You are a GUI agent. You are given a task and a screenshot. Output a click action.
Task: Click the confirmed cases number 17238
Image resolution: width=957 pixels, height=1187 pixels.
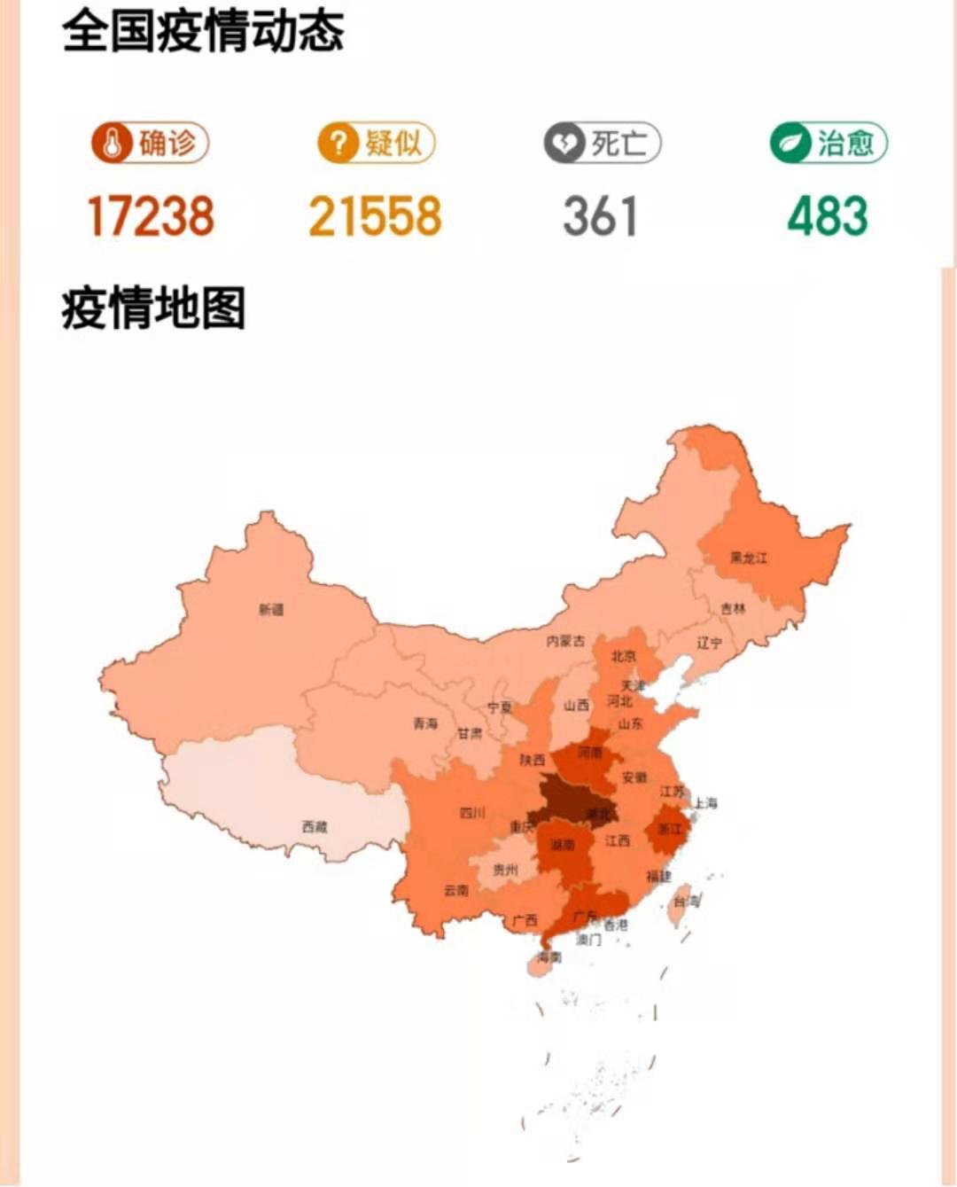click(151, 216)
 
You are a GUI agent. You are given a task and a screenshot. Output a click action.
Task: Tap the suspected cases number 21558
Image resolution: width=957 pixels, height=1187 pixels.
click(375, 216)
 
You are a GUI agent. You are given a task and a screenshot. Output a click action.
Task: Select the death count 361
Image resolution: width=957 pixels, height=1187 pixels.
click(600, 216)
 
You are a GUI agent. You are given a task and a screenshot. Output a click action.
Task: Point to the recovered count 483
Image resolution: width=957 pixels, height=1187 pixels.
click(827, 216)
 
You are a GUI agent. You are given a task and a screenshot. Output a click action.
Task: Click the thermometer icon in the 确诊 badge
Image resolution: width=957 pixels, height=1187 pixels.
click(113, 143)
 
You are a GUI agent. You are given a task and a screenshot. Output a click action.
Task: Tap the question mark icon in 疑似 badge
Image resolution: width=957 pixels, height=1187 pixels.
click(338, 143)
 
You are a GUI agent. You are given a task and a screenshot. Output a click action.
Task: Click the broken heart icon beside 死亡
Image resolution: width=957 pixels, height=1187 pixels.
click(564, 143)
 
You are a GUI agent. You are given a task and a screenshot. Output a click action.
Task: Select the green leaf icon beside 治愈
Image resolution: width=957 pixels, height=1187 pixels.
click(789, 143)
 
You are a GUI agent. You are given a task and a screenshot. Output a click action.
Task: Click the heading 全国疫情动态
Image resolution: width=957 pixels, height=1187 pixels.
click(203, 31)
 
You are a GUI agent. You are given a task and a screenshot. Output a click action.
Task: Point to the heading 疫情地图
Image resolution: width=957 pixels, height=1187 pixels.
click(153, 308)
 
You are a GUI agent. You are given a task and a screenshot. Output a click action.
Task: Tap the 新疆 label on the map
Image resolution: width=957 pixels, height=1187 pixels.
click(271, 610)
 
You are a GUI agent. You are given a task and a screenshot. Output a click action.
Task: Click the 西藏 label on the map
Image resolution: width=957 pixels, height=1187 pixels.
click(315, 826)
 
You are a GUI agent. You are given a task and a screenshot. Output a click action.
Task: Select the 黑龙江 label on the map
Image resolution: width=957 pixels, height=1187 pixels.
click(749, 558)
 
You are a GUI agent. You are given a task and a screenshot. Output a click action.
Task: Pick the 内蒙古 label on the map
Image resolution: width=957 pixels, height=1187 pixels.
click(565, 640)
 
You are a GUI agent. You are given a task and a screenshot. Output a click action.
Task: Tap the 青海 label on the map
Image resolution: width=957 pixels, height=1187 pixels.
click(425, 723)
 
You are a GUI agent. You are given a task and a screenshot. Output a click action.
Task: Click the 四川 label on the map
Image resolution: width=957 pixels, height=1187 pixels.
click(472, 812)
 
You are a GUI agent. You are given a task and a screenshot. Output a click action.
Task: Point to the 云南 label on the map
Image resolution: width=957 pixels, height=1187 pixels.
click(455, 890)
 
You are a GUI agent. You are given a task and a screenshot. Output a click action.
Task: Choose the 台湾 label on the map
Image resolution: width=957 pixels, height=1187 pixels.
click(686, 901)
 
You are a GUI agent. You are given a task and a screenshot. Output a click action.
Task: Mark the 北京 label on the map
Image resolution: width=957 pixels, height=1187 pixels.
click(623, 656)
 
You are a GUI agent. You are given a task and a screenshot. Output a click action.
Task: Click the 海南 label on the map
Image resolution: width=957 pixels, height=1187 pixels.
click(549, 957)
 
